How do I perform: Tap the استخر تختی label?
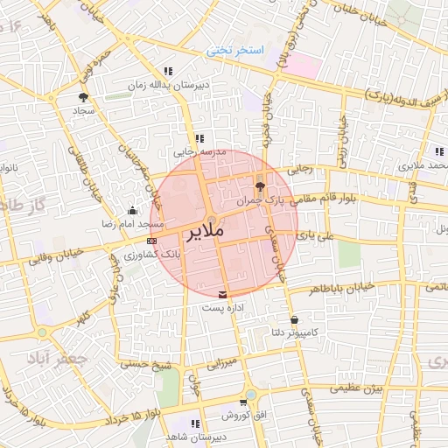point(234,52)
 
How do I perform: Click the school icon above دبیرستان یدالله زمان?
point(167,71)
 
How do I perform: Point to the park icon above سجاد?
point(83,97)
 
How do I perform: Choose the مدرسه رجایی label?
point(201,152)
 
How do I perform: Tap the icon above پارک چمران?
point(259,185)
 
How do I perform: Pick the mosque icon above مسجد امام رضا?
point(132,210)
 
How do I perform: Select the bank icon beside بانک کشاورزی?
point(152,240)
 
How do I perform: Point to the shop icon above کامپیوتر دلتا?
point(294,320)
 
